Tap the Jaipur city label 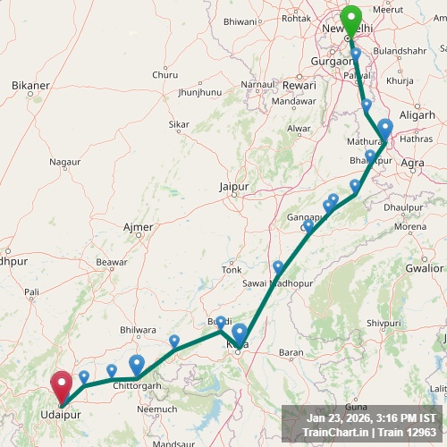tap(232, 187)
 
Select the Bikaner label tap(31, 86)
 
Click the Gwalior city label tap(424, 267)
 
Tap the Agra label tap(413, 163)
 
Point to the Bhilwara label tap(138, 330)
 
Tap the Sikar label tap(179, 124)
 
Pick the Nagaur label tap(65, 163)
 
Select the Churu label tap(165, 75)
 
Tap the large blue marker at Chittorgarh tap(137, 364)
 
